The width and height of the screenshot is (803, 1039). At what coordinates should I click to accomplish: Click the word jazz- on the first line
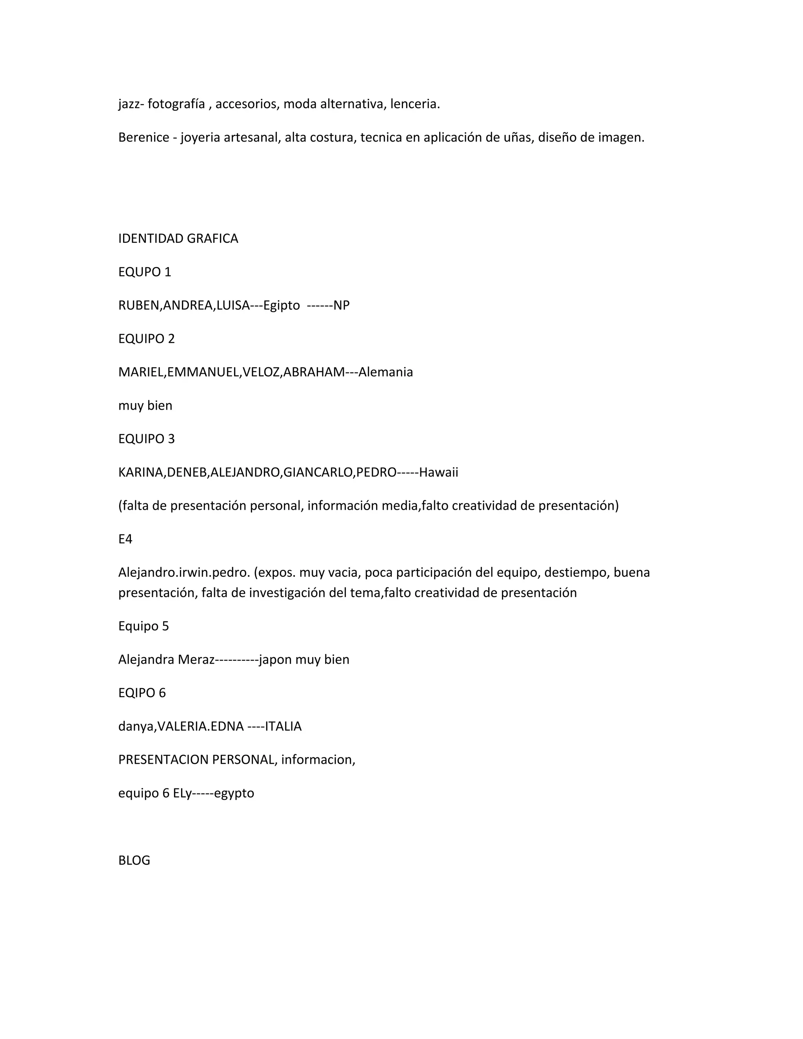(x=131, y=104)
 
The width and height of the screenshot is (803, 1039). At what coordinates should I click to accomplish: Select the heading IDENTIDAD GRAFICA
(x=178, y=238)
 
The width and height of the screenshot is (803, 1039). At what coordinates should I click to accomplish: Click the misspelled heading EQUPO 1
(x=144, y=272)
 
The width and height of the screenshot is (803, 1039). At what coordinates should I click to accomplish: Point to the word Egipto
(x=281, y=305)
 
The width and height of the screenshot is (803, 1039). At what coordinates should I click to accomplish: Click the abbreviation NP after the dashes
(x=341, y=305)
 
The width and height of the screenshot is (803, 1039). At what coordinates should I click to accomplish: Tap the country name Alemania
(x=385, y=372)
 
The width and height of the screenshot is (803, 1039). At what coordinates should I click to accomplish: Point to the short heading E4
(x=125, y=539)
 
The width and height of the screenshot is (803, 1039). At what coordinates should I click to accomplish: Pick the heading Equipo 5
(x=143, y=626)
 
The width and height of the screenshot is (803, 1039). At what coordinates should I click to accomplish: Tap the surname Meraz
(x=196, y=660)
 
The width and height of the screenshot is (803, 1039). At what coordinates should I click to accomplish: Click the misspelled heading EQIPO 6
(x=142, y=693)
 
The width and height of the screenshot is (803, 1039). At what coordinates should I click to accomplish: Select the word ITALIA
(x=283, y=727)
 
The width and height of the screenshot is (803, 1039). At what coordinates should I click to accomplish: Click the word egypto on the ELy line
(x=234, y=794)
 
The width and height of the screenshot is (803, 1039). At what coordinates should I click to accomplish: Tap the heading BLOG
(x=134, y=860)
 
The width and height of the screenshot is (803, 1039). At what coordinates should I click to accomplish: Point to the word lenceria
(x=415, y=104)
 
